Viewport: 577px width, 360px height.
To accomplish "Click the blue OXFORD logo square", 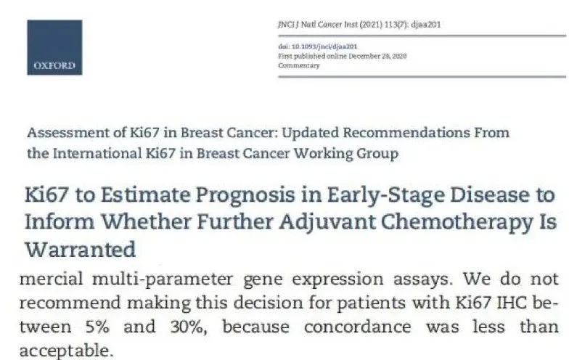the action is pos(54,47).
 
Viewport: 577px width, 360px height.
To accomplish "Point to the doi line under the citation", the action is pos(318,46).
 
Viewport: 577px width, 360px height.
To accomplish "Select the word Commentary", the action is pos(299,65).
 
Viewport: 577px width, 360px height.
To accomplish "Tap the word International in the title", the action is pos(97,153).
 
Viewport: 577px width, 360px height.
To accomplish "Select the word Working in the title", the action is pos(323,154).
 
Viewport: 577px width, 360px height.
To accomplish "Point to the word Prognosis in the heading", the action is pos(245,196).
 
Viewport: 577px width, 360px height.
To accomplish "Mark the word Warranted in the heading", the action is pos(81,249).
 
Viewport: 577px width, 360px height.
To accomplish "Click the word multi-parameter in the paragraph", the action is pos(163,279).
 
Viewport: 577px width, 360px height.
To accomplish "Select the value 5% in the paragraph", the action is pos(97,327).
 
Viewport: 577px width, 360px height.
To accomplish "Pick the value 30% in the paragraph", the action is pos(189,327).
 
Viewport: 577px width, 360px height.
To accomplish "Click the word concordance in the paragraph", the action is pos(357,327).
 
